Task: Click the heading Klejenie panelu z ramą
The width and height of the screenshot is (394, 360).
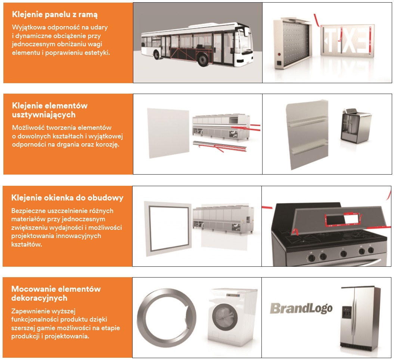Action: [55, 15]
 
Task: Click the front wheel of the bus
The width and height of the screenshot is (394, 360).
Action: [203, 60]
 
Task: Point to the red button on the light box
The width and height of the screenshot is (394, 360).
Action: [279, 54]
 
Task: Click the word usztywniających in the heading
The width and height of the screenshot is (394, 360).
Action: [44, 115]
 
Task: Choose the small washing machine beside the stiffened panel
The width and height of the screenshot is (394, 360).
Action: [356, 126]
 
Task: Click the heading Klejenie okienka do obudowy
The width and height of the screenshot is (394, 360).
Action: [67, 198]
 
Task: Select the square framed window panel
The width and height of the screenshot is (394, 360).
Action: [168, 228]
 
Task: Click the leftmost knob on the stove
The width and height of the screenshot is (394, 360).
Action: [311, 258]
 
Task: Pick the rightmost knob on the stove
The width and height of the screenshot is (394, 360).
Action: [370, 250]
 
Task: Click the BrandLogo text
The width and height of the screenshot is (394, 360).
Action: [301, 308]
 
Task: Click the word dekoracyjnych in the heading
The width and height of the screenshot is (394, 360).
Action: [40, 298]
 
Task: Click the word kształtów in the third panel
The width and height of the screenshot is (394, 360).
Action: [27, 244]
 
